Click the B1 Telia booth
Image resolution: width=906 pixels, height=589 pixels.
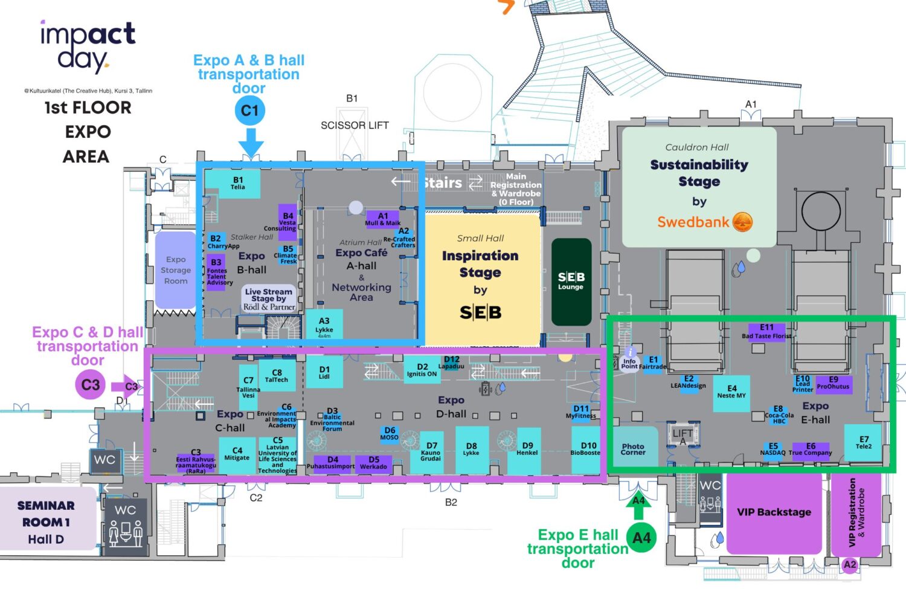click(238, 184)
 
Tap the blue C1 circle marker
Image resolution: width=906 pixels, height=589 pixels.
click(250, 111)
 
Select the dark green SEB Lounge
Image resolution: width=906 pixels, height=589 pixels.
click(571, 282)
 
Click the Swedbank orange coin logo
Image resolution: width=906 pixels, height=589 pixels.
click(742, 222)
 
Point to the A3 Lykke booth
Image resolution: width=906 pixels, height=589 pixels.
click(324, 326)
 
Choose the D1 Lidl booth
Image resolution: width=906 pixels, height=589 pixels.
click(324, 372)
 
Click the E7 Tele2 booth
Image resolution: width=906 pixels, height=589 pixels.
click(864, 443)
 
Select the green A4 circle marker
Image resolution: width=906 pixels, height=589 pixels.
click(641, 537)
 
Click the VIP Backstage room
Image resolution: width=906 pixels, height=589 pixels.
click(774, 512)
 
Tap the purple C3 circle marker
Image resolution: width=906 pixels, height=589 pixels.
click(90, 385)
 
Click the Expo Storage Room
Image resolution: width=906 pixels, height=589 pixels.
click(176, 270)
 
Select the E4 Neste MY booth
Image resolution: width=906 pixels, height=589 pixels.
click(731, 393)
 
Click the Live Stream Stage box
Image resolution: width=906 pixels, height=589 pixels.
click(269, 298)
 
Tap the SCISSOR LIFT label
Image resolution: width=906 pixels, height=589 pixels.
click(355, 126)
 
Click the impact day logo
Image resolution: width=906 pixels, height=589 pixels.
click(88, 45)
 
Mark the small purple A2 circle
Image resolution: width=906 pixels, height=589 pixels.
click(850, 565)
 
